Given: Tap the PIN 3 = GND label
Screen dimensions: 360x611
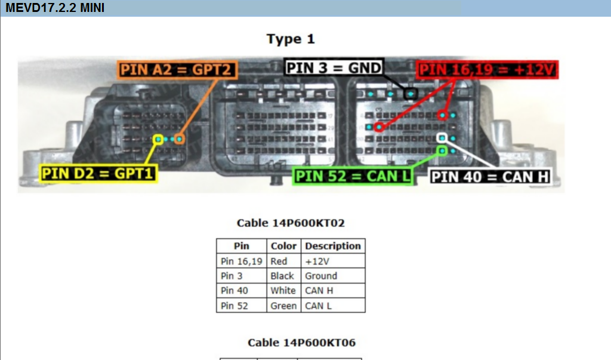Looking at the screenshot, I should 333,67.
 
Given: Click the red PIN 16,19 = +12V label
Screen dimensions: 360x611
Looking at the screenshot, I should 487,70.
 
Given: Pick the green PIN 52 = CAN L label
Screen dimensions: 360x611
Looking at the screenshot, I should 353,176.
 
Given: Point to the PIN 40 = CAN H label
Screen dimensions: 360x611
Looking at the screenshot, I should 489,177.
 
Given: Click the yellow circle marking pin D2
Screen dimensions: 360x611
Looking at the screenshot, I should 158,139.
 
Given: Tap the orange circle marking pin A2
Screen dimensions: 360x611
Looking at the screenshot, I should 180,139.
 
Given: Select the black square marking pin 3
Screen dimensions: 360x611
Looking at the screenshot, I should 410,94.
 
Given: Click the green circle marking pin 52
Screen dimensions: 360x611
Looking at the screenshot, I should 442,150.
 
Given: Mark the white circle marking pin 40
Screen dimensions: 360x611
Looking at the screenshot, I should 442,138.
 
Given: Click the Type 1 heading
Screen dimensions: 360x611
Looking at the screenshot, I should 291,39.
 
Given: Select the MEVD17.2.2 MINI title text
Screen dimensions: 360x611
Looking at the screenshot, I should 55,8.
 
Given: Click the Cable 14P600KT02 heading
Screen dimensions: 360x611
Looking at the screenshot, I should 291,223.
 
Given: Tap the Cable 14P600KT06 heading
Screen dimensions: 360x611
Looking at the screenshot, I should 301,343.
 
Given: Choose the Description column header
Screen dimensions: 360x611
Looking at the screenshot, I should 332,246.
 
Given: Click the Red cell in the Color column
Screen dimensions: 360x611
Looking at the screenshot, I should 279,261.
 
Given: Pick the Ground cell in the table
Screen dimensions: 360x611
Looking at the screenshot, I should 321,276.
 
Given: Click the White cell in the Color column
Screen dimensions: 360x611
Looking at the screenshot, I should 283,291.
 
